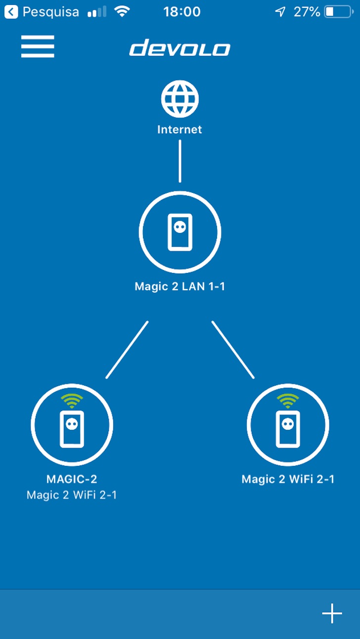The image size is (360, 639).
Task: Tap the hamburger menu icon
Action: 38,46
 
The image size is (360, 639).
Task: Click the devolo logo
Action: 180,48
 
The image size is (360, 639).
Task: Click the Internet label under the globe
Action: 180,130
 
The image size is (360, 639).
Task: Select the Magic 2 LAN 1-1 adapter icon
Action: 180,232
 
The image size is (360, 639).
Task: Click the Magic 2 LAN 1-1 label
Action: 180,286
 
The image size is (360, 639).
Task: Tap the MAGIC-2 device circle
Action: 72,425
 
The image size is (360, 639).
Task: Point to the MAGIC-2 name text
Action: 72,479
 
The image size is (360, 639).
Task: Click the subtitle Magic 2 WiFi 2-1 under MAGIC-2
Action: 72,495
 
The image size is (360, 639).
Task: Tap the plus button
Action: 332,614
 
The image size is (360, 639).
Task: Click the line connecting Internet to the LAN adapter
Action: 180,161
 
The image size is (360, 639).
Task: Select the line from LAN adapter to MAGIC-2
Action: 127,350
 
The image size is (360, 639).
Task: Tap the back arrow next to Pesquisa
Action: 11,12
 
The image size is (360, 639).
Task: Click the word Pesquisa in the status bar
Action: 50,12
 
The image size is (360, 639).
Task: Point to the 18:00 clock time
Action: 182,12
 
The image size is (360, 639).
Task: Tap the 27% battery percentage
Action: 307,12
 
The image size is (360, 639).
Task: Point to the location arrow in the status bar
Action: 280,12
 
